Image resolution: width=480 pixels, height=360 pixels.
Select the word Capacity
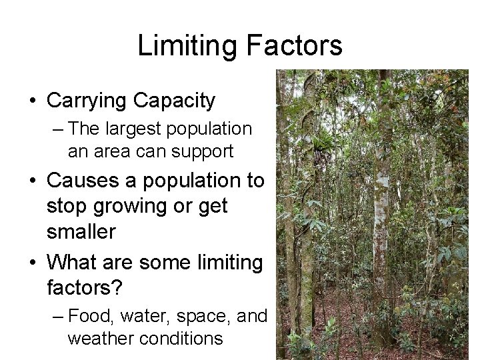[174, 101]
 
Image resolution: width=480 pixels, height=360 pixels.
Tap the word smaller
[81, 232]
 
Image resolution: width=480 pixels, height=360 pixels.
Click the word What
[69, 262]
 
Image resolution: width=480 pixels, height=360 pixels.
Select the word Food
[88, 315]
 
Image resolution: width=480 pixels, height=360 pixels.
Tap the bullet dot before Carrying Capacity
[32, 102]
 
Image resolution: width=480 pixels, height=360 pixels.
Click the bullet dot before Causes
[32, 181]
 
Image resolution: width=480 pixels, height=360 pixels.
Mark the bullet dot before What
[32, 263]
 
